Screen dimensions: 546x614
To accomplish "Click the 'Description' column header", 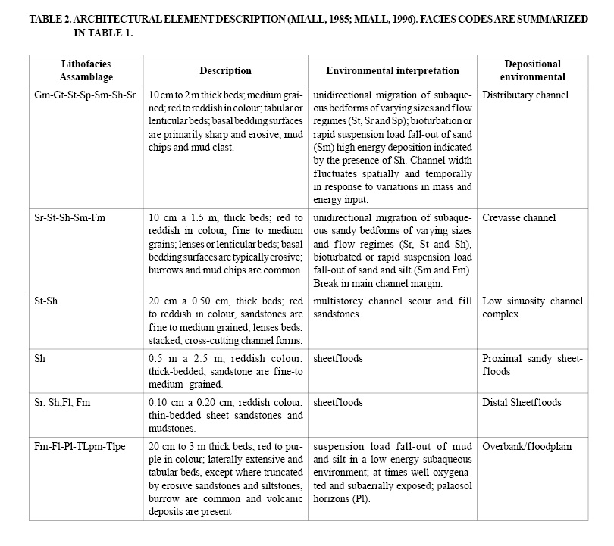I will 225,71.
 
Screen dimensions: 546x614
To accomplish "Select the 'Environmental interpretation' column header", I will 392,71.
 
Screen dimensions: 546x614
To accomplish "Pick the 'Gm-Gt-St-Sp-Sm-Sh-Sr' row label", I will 86,95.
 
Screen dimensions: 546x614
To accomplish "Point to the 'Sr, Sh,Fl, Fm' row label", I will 62,402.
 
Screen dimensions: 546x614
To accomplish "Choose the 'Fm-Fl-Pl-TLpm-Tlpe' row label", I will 80,446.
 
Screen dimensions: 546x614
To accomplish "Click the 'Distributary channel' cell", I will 525,95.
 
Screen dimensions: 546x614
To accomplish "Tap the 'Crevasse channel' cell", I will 518,218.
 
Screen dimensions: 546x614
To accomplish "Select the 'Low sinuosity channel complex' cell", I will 532,307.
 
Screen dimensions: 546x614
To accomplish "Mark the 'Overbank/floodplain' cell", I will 527,446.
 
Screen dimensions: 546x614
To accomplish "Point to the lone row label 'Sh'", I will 39,358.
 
